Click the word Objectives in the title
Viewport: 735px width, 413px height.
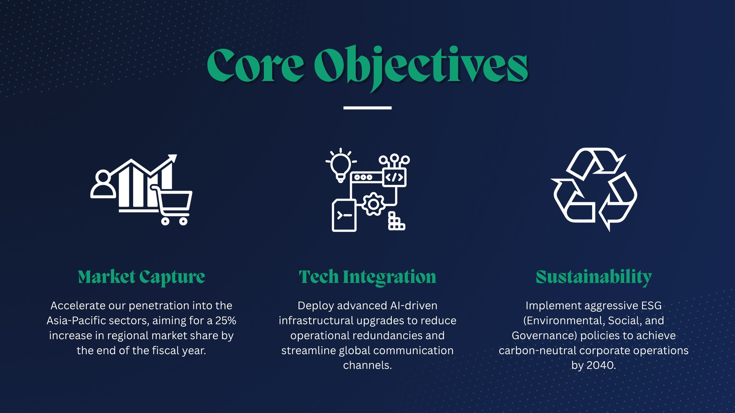tap(421, 67)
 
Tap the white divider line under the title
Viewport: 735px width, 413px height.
tap(367, 107)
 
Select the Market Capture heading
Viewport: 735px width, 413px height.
tap(141, 277)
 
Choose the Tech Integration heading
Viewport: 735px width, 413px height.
tap(367, 277)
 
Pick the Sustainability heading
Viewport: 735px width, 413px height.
tap(594, 277)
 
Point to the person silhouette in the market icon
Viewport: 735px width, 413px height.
tap(103, 184)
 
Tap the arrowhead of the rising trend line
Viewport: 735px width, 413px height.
tap(172, 159)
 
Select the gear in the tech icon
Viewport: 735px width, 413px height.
tap(373, 204)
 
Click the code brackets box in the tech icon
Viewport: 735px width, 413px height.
tap(395, 177)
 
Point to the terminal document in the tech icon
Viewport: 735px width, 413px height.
tap(344, 215)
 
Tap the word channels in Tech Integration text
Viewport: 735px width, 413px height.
tap(367, 365)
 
